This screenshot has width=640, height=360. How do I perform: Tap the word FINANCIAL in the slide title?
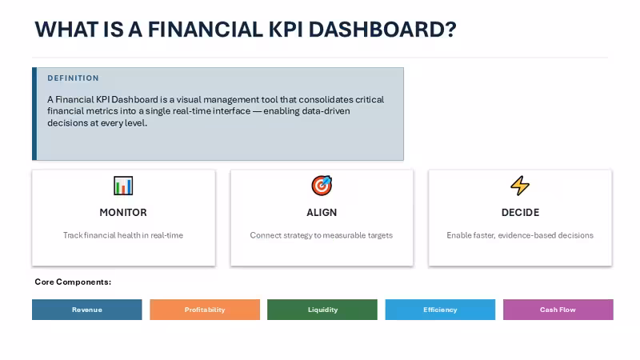click(206, 30)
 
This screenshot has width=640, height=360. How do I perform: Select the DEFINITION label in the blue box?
click(73, 78)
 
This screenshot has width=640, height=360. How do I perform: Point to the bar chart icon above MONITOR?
click(123, 186)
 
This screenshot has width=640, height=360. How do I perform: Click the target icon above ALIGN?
click(322, 186)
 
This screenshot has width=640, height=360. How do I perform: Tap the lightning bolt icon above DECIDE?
click(520, 186)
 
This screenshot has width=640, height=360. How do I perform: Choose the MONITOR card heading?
click(123, 213)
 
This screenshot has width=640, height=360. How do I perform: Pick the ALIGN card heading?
click(322, 213)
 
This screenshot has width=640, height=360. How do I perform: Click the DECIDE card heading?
click(521, 213)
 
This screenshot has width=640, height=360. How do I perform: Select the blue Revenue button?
click(87, 310)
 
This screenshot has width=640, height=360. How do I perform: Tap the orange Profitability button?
click(205, 310)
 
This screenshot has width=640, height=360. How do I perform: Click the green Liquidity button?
click(322, 310)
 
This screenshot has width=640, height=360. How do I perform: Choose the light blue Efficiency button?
click(440, 310)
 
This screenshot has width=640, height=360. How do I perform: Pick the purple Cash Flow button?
click(558, 310)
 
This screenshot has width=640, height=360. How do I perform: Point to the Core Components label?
click(73, 282)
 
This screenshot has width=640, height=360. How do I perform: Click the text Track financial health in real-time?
click(123, 235)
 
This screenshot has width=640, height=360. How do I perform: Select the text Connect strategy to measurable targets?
click(322, 235)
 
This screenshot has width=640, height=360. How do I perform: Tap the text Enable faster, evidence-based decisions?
click(520, 235)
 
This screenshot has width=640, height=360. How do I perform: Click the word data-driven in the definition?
click(326, 111)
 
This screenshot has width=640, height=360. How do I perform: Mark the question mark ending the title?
click(451, 30)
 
